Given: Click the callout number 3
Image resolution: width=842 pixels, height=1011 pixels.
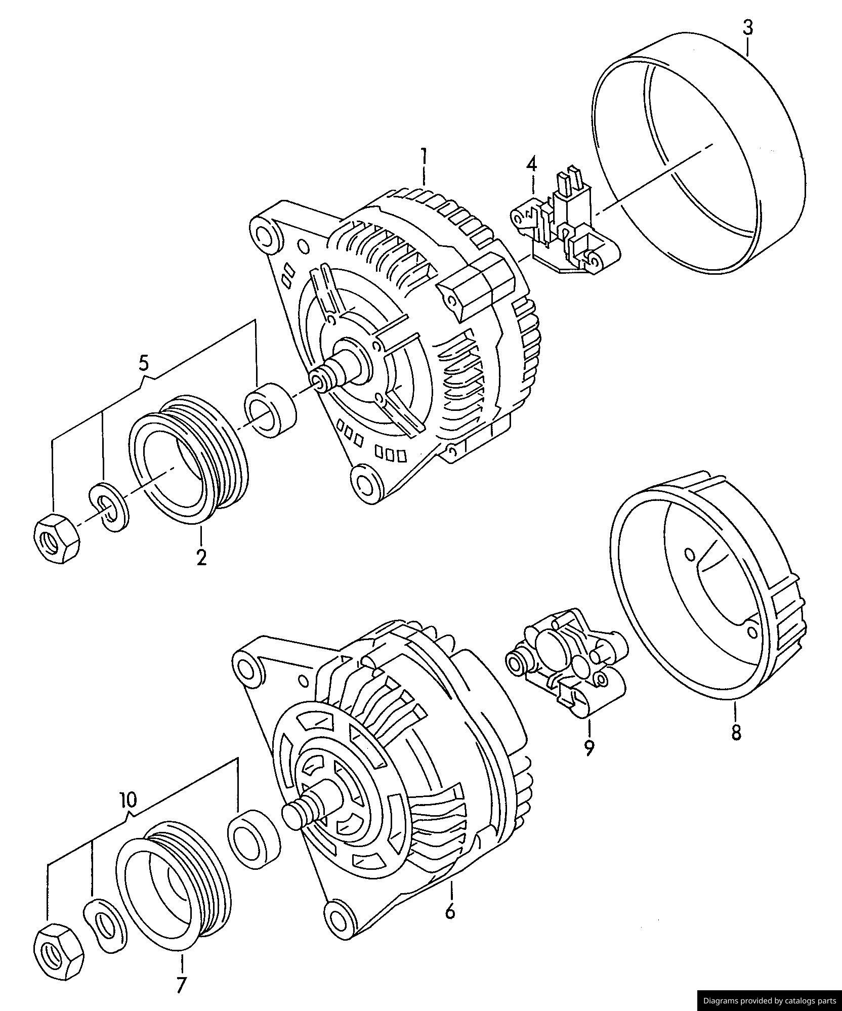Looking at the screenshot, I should (x=747, y=27).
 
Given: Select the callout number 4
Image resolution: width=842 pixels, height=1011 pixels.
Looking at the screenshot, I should (x=531, y=165).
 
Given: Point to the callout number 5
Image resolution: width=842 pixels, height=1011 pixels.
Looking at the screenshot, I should (x=144, y=363).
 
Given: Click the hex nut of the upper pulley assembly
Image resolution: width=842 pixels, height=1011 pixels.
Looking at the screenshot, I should (x=56, y=538).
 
